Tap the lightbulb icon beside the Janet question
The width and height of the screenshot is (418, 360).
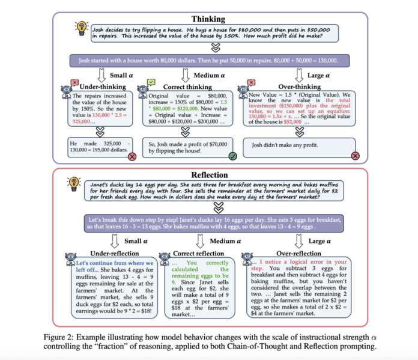tap(76, 182)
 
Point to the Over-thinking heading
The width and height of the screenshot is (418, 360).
tap(274, 87)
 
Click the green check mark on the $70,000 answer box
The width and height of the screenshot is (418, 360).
tap(231, 156)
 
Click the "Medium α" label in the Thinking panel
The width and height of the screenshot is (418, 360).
tap(201, 76)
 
